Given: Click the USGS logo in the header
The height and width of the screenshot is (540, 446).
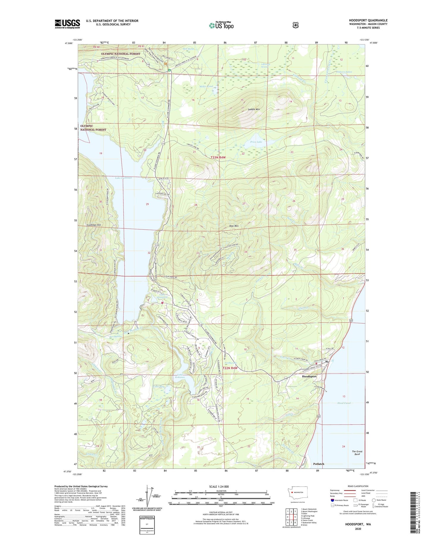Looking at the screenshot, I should point(67,24).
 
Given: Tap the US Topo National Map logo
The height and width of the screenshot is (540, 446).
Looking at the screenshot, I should point(222,25).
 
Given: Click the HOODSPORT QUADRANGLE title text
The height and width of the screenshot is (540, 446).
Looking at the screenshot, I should point(368,21).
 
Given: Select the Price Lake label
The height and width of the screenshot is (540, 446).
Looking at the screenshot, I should point(256,142).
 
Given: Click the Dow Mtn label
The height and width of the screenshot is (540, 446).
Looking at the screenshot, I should point(234,226).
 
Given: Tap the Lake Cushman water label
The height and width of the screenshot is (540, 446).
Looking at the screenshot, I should point(123,178).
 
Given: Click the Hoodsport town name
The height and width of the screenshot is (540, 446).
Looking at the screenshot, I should point(309,376).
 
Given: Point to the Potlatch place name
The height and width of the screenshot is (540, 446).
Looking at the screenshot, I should point(318,464).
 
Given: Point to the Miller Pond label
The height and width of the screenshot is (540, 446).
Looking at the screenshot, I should point(206,86).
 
